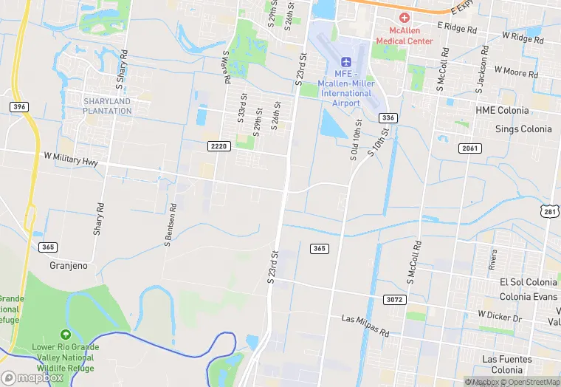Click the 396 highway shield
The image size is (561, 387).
(19, 107)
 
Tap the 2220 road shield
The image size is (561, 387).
(219, 146)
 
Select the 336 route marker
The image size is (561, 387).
(388, 118)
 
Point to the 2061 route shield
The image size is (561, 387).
(469, 148)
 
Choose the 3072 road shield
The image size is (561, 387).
(394, 299)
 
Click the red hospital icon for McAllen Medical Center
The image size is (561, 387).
(404, 18)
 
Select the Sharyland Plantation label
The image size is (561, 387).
(107, 106)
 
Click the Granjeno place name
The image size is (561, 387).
(73, 265)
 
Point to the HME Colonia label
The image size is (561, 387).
(502, 111)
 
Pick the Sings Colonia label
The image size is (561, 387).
(524, 129)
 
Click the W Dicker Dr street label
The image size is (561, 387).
(500, 315)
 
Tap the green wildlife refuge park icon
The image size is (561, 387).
(65, 335)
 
